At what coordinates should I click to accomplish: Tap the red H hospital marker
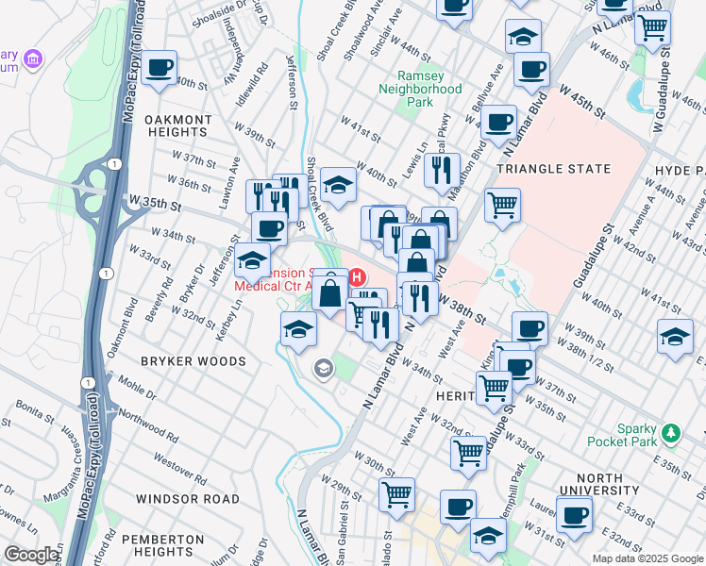[x=358, y=277]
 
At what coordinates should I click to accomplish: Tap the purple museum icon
[x=33, y=60]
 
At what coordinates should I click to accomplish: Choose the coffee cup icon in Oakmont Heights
[x=160, y=67]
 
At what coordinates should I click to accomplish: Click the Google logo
[x=32, y=555]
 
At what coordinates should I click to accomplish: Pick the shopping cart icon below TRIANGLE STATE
[x=502, y=203]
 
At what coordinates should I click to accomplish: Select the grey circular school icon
[x=324, y=368]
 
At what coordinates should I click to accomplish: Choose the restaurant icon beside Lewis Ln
[x=441, y=170]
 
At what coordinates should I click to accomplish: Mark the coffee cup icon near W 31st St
[x=573, y=514]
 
